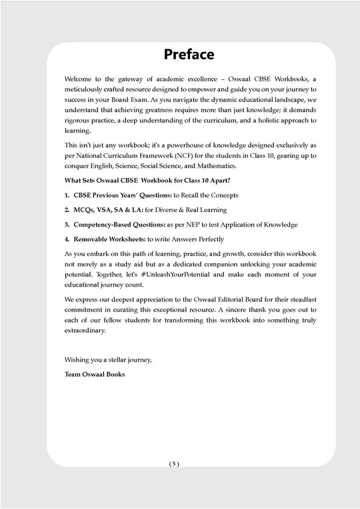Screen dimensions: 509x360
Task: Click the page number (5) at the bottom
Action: (x=174, y=482)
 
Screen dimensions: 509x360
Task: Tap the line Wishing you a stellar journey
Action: (x=108, y=360)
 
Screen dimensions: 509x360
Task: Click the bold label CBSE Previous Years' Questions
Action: (x=114, y=195)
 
